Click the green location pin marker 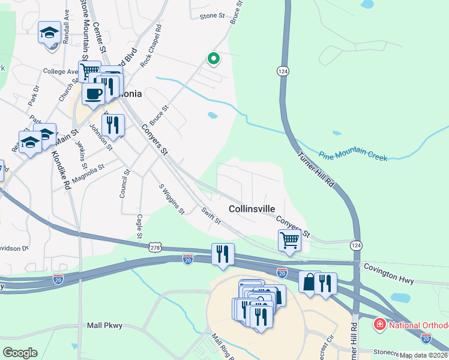pos(212,58)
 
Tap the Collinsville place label pos(252,209)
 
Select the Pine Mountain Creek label pos(352,156)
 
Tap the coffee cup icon pos(94,94)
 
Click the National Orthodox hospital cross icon pos(379,326)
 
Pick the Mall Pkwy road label pos(105,325)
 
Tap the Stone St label pos(211,16)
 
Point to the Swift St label pos(211,217)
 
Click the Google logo pos(20,353)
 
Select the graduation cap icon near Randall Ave pos(49,32)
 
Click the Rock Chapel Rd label pos(151,45)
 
